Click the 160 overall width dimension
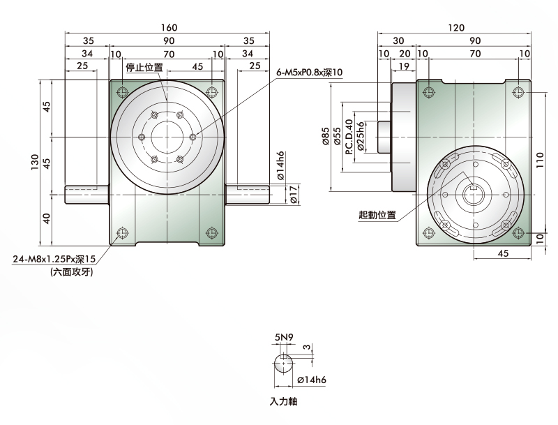[169, 27]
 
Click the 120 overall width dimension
[456, 27]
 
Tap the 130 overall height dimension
[34, 162]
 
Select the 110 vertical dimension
[540, 161]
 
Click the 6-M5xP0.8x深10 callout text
[309, 73]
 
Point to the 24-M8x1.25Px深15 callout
[54, 259]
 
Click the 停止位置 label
[144, 67]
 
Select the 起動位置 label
[377, 215]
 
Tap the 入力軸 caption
[283, 401]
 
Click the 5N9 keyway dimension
[284, 337]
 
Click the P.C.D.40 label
[349, 137]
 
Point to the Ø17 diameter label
[294, 195]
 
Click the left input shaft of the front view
[87, 195]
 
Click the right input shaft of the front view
[248, 195]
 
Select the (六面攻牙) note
[72, 272]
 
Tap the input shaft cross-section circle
[284, 364]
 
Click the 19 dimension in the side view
[403, 66]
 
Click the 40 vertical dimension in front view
[47, 218]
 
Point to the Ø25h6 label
[360, 137]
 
